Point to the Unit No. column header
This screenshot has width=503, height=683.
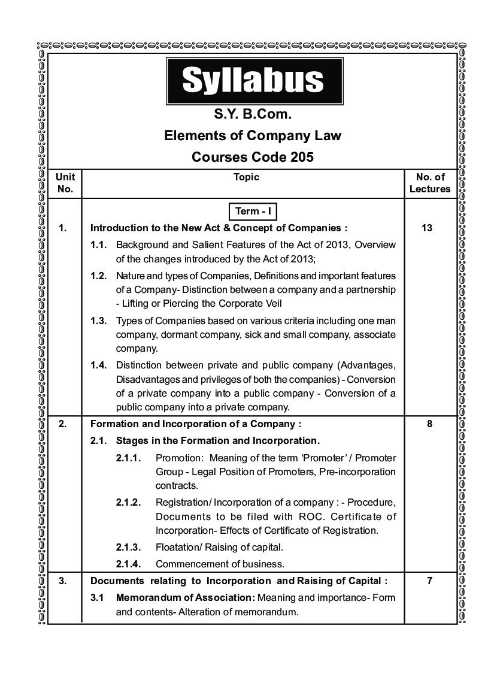click(65, 183)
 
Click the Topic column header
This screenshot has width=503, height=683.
click(246, 177)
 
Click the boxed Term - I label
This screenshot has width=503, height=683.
click(252, 211)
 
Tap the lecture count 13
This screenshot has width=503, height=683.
click(426, 228)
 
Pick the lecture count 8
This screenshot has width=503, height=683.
click(429, 424)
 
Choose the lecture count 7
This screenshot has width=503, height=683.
click(429, 581)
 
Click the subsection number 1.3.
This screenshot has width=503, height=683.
click(99, 321)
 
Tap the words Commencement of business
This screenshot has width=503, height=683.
click(219, 564)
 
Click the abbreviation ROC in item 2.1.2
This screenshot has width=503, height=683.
click(289, 516)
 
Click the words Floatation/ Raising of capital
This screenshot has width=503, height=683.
click(219, 547)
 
